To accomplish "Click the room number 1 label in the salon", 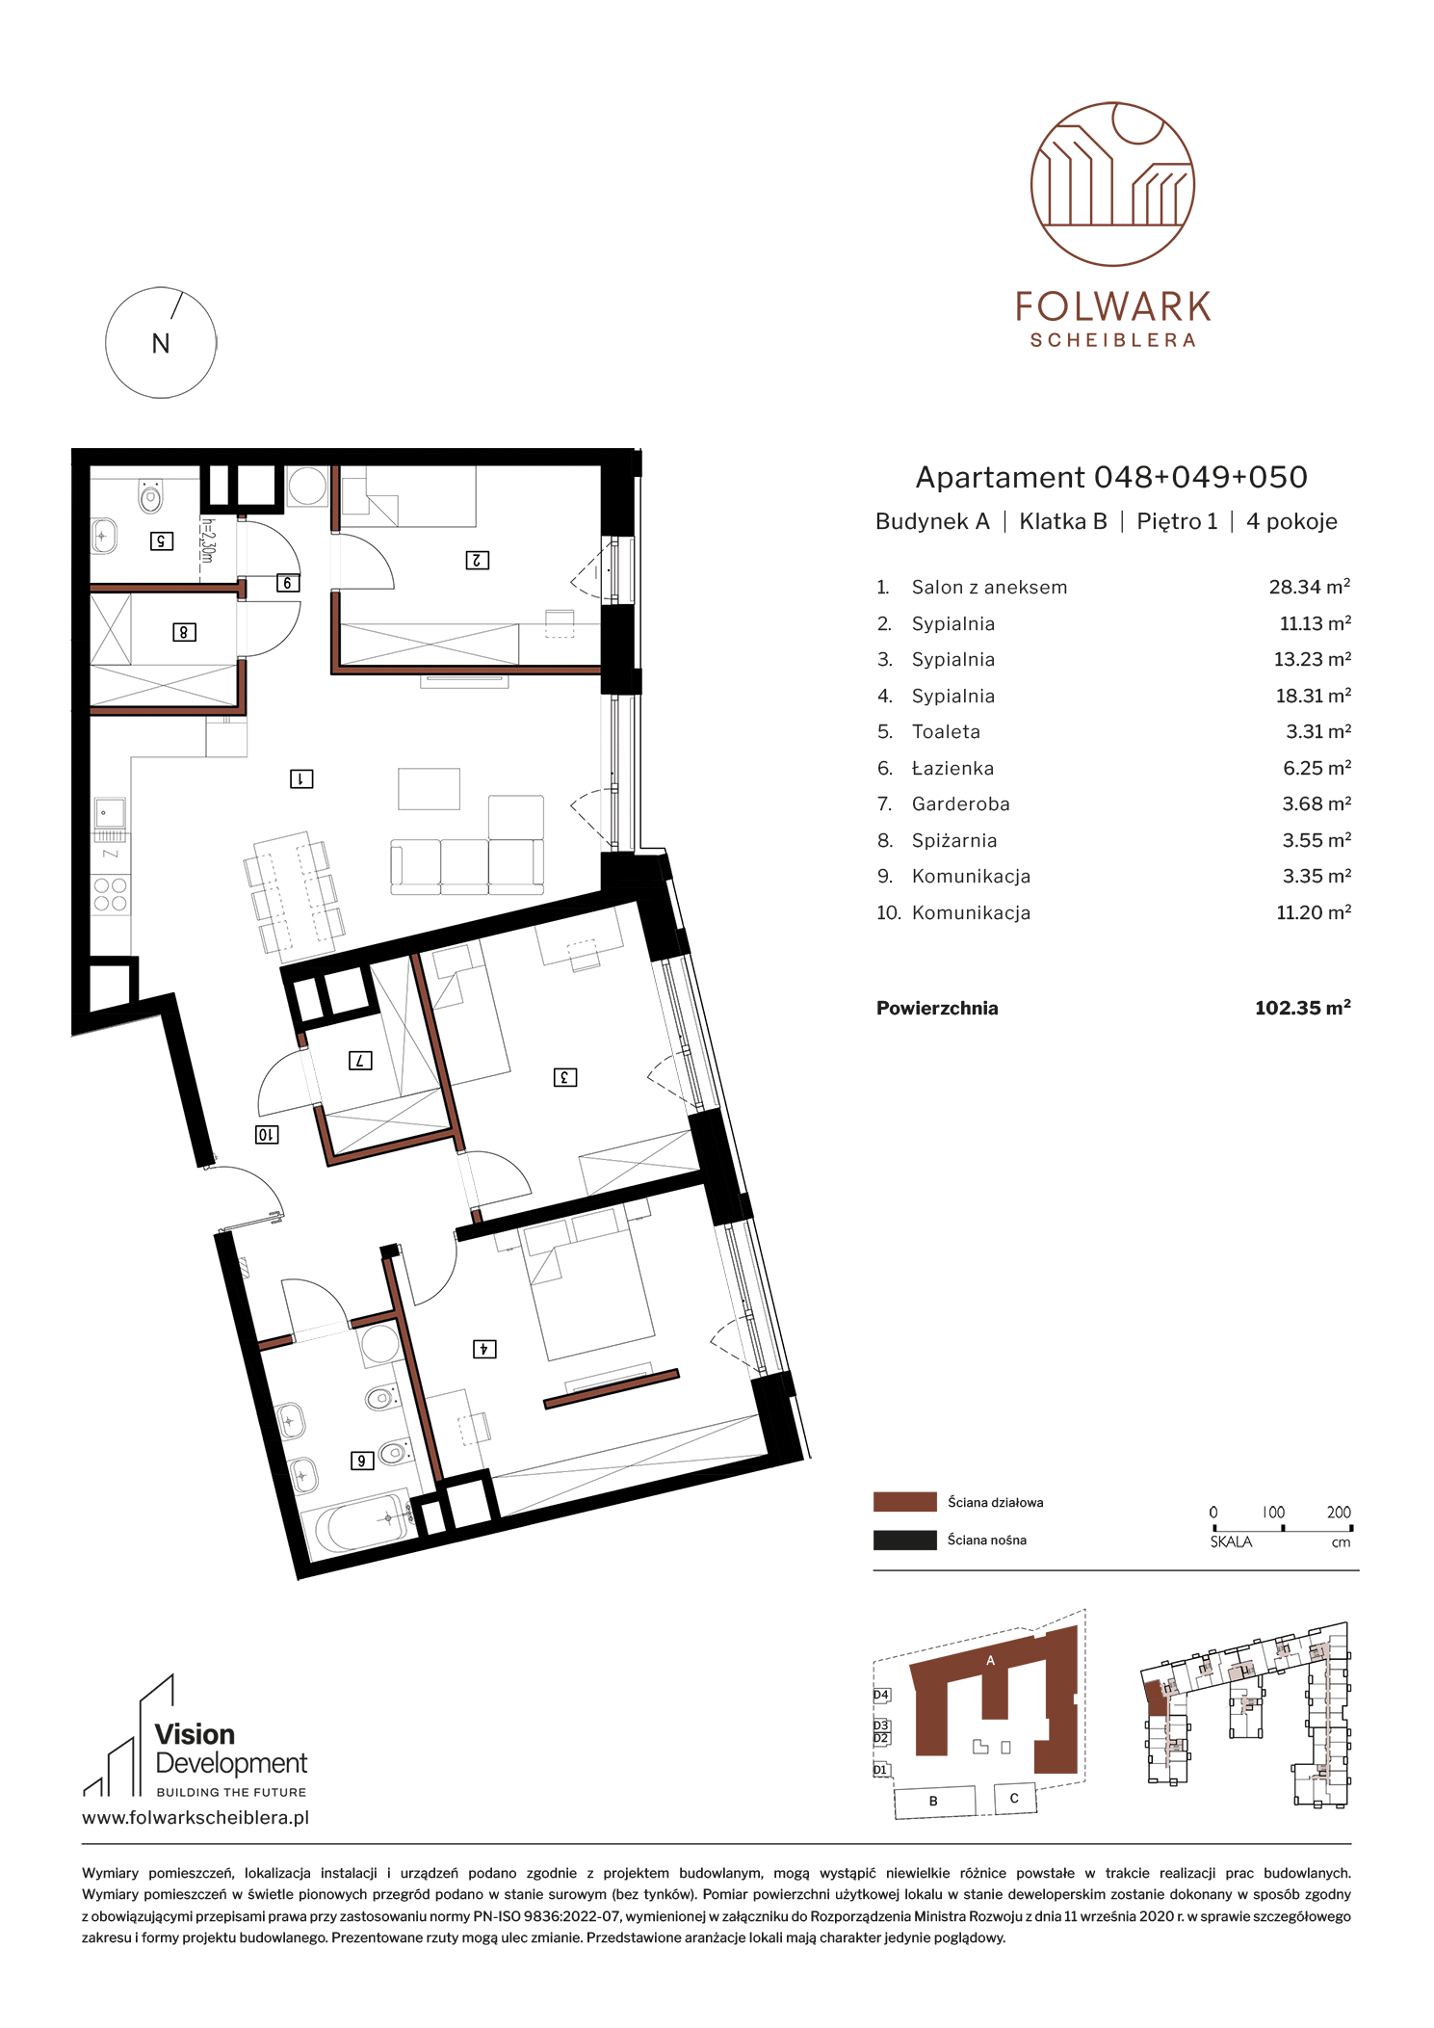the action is tap(301, 778).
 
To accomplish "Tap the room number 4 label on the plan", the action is tap(484, 1349).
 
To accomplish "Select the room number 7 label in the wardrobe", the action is tap(360, 1061).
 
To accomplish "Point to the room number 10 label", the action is tap(267, 1135).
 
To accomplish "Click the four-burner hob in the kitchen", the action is tap(111, 895).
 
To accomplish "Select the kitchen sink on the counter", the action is tap(110, 813).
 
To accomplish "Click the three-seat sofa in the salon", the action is tap(467, 866).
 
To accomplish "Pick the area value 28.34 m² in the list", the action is tap(1309, 587).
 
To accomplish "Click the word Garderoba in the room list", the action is tap(960, 803).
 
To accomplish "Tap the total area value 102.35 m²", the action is tap(1302, 1008).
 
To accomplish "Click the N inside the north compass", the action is tap(161, 344).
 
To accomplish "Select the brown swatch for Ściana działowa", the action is tap(904, 1502).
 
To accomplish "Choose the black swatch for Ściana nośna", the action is tap(904, 1540).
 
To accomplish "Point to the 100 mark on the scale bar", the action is tap(1273, 1513).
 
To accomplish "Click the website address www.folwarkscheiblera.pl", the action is tap(196, 1818).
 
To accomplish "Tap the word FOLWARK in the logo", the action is tap(1112, 307).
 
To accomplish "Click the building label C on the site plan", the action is tap(1014, 1798).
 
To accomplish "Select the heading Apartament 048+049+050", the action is tap(1111, 477).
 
